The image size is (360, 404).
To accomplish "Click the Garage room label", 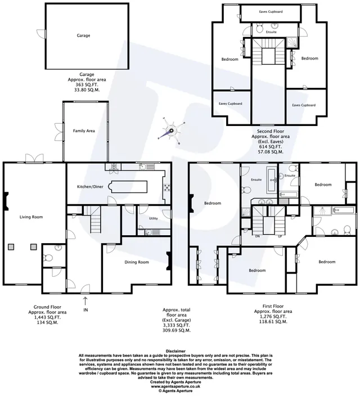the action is pyautogui.click(x=83, y=35).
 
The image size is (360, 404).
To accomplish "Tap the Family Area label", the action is pyautogui.click(x=84, y=131).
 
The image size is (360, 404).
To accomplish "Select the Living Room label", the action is pyautogui.click(x=31, y=217).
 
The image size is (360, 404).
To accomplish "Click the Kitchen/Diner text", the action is pyautogui.click(x=90, y=187).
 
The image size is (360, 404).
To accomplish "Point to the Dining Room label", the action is pyautogui.click(x=137, y=262).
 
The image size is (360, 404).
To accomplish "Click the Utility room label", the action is pyautogui.click(x=154, y=218).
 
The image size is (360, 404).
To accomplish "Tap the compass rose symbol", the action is pyautogui.click(x=172, y=131).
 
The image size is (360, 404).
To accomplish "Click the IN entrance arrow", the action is pyautogui.click(x=85, y=301).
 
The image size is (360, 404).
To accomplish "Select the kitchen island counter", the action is pyautogui.click(x=128, y=187).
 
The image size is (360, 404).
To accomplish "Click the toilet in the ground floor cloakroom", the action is pyautogui.click(x=48, y=257).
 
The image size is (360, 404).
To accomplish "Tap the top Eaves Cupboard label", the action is pyautogui.click(x=271, y=12).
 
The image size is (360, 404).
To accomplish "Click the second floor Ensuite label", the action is pyautogui.click(x=271, y=32).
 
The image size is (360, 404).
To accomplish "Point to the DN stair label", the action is pyautogui.click(x=257, y=236).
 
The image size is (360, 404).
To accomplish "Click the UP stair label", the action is pyautogui.click(x=280, y=236).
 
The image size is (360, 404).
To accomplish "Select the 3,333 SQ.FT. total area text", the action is pyautogui.click(x=177, y=325).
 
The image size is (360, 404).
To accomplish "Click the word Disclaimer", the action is pyautogui.click(x=175, y=351).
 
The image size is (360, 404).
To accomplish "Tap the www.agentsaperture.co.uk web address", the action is pyautogui.click(x=175, y=386).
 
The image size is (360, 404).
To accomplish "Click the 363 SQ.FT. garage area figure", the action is pyautogui.click(x=87, y=85).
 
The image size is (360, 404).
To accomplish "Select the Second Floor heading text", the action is pyautogui.click(x=271, y=131).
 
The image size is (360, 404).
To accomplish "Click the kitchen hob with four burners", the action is pyautogui.click(x=167, y=187).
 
